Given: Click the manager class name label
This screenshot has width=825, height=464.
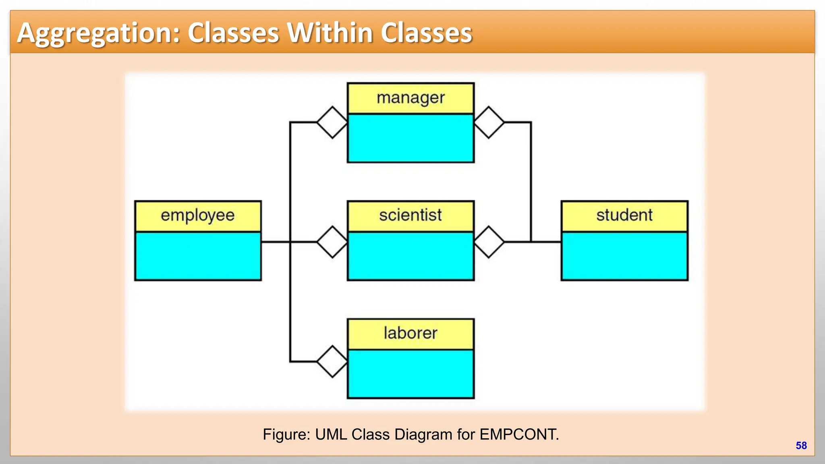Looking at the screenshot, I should pyautogui.click(x=410, y=98).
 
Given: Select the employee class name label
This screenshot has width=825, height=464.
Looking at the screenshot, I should pyautogui.click(x=197, y=215).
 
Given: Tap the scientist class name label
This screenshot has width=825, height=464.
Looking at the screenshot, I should pyautogui.click(x=410, y=215).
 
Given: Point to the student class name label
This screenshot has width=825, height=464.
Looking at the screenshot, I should pyautogui.click(x=624, y=215).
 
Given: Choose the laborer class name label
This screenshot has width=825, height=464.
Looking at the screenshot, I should pyautogui.click(x=410, y=333).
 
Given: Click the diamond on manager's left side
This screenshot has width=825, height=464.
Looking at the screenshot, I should pyautogui.click(x=332, y=122).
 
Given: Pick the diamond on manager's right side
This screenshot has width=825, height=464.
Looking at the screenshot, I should pyautogui.click(x=489, y=122).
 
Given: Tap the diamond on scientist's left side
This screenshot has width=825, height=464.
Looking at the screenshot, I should pyautogui.click(x=332, y=242).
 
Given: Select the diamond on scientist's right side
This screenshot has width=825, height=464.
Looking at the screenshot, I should pyautogui.click(x=489, y=242).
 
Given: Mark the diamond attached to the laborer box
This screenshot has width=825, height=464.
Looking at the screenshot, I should pyautogui.click(x=332, y=361).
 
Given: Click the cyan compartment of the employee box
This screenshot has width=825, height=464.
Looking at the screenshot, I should pyautogui.click(x=198, y=256).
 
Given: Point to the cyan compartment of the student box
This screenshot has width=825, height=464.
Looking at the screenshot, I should pyautogui.click(x=624, y=256).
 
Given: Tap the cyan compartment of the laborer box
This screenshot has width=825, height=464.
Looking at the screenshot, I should pyautogui.click(x=410, y=373).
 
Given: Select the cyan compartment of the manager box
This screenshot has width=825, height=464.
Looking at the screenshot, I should pyautogui.click(x=410, y=138).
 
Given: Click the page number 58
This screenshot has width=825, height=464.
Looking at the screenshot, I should pyautogui.click(x=801, y=445).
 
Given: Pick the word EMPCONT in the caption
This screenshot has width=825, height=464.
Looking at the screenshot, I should pyautogui.click(x=519, y=435).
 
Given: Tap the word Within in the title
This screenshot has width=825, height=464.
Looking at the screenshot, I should pyautogui.click(x=330, y=33).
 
